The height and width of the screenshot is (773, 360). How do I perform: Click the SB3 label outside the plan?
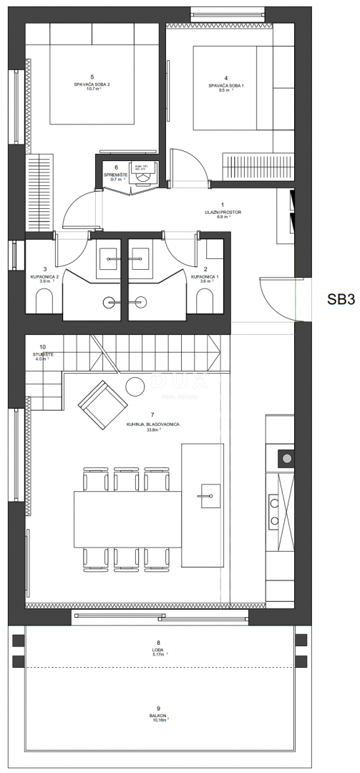tap(341, 299)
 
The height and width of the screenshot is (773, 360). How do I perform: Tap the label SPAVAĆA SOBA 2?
tap(92, 84)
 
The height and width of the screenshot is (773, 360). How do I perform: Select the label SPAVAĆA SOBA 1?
tap(226, 85)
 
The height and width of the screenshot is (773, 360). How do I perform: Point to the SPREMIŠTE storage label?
tap(116, 175)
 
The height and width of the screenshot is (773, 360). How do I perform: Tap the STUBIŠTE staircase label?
tap(43, 353)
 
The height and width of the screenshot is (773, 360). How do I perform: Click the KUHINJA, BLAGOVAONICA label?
tap(152, 424)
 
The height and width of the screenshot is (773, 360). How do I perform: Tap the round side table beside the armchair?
tap(136, 387)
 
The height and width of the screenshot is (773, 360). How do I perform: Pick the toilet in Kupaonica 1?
tap(208, 304)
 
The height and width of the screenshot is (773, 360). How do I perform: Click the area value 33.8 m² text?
tap(153, 431)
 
